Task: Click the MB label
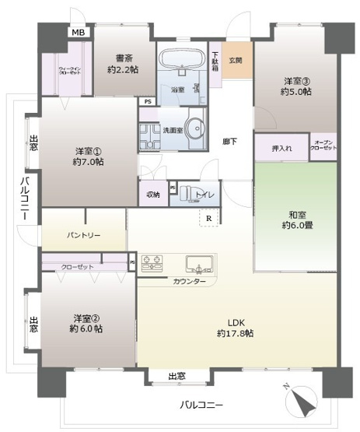[79, 32]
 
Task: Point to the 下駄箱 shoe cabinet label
[215, 61]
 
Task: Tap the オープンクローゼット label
[323, 146]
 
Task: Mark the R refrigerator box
[209, 219]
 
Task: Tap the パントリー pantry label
[83, 235]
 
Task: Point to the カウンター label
[190, 281]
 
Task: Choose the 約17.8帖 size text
[236, 333]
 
